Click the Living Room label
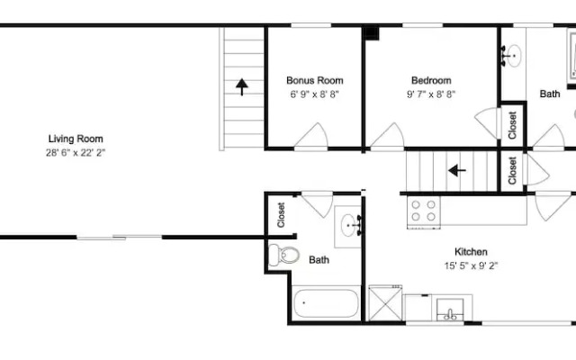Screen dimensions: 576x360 click(x=76, y=139)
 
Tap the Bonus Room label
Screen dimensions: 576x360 click(x=315, y=80)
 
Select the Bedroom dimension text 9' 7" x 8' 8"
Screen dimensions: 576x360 click(x=431, y=94)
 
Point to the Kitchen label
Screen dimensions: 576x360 click(x=471, y=252)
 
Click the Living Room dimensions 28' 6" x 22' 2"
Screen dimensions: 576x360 click(x=76, y=153)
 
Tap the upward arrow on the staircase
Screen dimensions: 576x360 click(x=242, y=87)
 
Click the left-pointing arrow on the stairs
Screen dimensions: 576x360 click(x=457, y=170)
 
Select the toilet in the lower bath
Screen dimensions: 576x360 click(x=283, y=255)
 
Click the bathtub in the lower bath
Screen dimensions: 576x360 click(x=326, y=303)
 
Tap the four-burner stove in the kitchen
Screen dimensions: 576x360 click(x=424, y=211)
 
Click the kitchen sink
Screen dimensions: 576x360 click(x=450, y=310)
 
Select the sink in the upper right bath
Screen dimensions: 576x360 click(x=511, y=56)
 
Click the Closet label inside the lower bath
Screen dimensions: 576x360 click(x=282, y=215)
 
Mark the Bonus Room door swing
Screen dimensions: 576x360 click(x=310, y=137)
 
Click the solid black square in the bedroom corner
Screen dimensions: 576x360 click(x=372, y=34)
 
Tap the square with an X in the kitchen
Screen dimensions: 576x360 click(x=385, y=304)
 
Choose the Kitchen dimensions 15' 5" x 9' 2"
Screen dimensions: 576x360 click(x=471, y=265)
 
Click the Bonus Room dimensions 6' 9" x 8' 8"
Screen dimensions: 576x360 click(x=314, y=94)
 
